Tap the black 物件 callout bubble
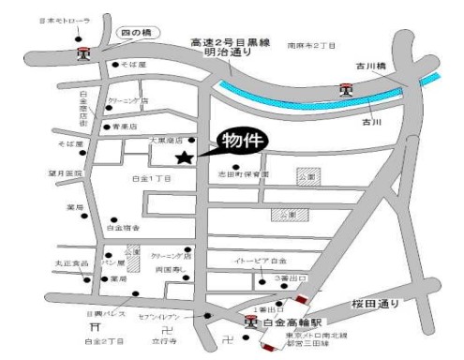pos(243,140)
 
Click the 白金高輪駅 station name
pos(291,322)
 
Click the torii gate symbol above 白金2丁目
pos(95,327)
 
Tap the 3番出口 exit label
pos(277,280)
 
